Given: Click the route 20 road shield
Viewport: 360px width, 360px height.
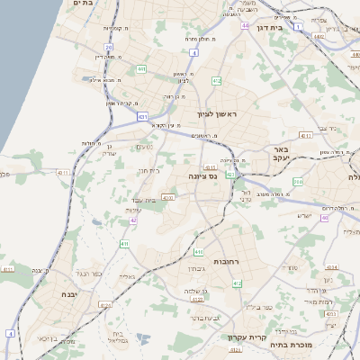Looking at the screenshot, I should click(x=108, y=47).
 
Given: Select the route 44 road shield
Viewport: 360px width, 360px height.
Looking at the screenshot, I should click(x=245, y=26).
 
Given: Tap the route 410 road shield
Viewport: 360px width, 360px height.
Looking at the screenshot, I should click(x=198, y=251).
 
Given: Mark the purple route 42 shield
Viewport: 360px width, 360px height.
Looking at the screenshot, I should click(x=133, y=220).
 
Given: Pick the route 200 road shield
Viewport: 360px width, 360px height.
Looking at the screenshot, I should click(x=298, y=182).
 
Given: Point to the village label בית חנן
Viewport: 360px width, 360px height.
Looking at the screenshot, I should click(x=148, y=169).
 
